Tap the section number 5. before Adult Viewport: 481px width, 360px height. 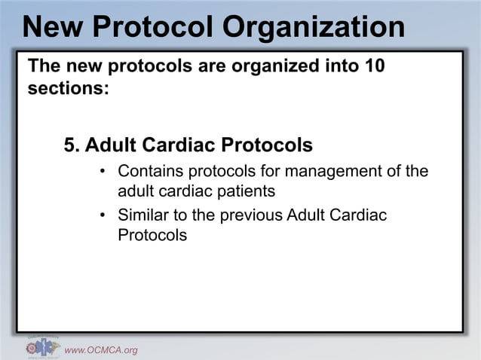point(72,143)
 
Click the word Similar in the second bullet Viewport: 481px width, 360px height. point(143,215)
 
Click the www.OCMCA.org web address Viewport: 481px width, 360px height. point(101,349)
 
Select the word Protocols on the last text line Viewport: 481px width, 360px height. point(152,234)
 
